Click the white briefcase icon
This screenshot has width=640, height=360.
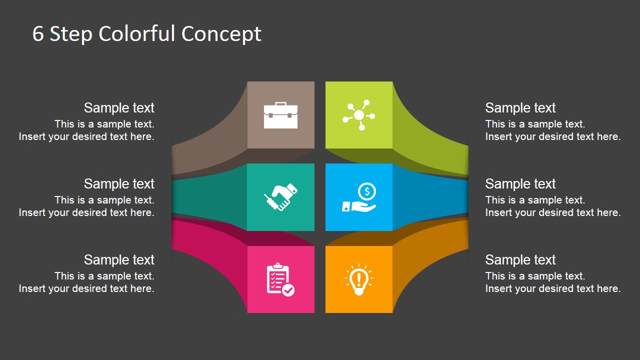click(280, 115)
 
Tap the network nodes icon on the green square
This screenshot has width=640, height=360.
click(359, 115)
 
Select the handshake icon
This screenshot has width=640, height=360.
click(280, 197)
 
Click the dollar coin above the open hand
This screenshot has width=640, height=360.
click(367, 191)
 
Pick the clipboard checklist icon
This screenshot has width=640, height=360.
click(280, 279)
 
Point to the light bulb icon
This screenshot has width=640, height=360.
click(359, 279)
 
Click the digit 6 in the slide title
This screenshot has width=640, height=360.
click(38, 33)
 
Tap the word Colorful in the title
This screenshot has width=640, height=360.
click(136, 33)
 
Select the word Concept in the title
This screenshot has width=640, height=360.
click(221, 34)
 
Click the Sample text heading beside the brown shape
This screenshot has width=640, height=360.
click(119, 107)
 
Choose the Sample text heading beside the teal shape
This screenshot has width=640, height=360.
click(119, 183)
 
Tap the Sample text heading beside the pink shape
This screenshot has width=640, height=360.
click(119, 259)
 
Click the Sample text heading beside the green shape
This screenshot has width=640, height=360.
click(520, 107)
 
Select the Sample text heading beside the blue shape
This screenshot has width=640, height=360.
click(520, 183)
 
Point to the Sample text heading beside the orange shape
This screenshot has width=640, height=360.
click(520, 259)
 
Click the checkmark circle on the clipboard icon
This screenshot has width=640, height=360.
click(288, 290)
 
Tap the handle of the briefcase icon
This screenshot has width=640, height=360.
click(280, 104)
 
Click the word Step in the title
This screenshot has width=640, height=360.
click(71, 34)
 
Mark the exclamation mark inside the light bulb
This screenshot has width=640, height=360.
click(359, 278)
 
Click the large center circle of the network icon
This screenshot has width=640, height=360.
click(359, 115)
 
